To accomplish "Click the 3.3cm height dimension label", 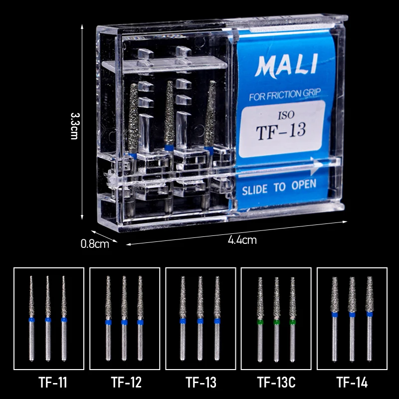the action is tap(74, 125).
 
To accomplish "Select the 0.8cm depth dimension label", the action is tap(95, 244).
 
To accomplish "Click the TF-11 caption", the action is tap(52, 383).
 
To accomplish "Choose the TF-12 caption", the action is tap(126, 383).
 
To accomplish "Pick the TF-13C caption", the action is tap(276, 383).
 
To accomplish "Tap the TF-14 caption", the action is tap(352, 383).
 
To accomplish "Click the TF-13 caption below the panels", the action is tap(201, 383).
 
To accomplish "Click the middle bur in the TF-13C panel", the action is tap(276, 319).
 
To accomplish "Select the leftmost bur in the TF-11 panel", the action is tap(31, 319).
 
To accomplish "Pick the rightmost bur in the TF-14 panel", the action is tap(369, 319).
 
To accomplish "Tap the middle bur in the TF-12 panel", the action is tap(124, 319).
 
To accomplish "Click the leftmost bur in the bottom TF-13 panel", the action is tap(183, 319).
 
